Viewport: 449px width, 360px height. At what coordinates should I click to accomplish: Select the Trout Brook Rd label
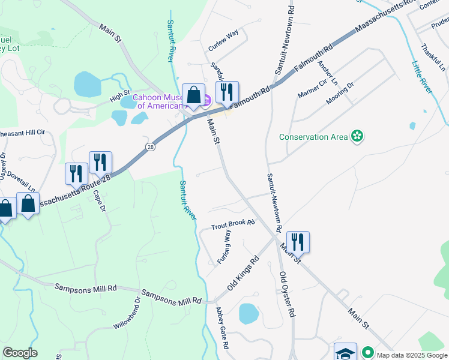[x=234, y=224]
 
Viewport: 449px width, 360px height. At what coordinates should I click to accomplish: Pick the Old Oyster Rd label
[x=288, y=294]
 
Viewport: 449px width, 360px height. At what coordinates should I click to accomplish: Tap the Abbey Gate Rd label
[x=222, y=328]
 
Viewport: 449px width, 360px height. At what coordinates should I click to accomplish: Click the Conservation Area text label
[x=313, y=137]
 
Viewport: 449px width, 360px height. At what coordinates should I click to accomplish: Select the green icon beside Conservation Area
[x=358, y=136]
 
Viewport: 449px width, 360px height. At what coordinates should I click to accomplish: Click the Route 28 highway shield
[x=150, y=146]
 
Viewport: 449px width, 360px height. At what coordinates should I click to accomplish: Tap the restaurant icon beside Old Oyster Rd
[x=298, y=242]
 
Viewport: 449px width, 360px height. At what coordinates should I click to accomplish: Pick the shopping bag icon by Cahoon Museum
[x=193, y=94]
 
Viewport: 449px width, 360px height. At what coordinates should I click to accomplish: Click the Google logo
[x=20, y=353]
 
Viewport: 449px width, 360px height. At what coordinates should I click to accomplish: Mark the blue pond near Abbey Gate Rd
[x=248, y=314]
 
